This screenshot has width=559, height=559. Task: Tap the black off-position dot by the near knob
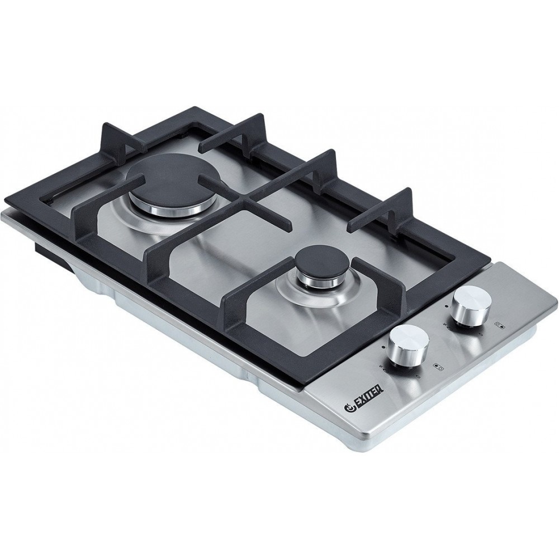(x=382, y=347)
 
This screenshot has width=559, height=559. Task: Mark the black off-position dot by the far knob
(x=446, y=306)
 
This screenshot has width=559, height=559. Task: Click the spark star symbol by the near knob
(x=380, y=367)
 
